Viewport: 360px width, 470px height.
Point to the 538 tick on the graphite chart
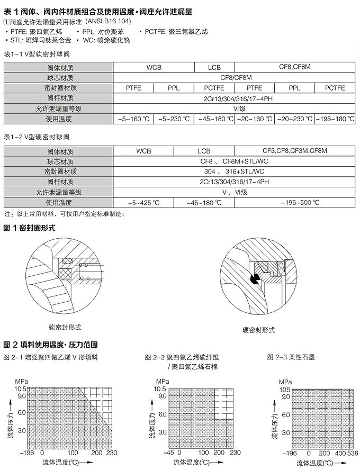pos(353,453)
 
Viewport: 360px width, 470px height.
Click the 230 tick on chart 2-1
pos(111,453)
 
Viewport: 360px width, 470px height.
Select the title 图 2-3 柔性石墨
pos(291,357)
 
